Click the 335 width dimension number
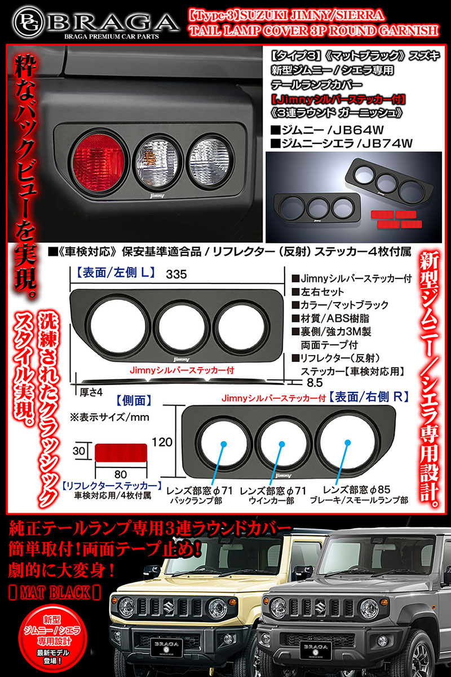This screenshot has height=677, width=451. click(x=177, y=274)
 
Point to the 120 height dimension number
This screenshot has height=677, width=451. click(x=162, y=443)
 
